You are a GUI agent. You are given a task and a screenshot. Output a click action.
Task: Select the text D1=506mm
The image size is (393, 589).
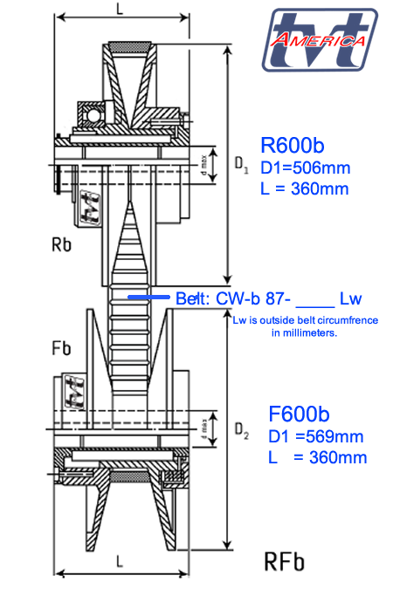[x=307, y=168]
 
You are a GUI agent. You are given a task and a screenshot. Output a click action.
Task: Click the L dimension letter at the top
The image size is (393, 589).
[x=120, y=8]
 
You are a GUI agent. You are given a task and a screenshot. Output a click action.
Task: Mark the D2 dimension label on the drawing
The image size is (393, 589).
[x=243, y=430]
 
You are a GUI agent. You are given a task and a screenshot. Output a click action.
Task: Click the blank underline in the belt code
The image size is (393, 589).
[x=314, y=299]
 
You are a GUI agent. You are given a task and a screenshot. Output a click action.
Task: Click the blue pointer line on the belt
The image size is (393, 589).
[x=148, y=298]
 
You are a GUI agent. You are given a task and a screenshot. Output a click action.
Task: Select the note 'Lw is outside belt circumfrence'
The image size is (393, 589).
[x=305, y=320]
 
